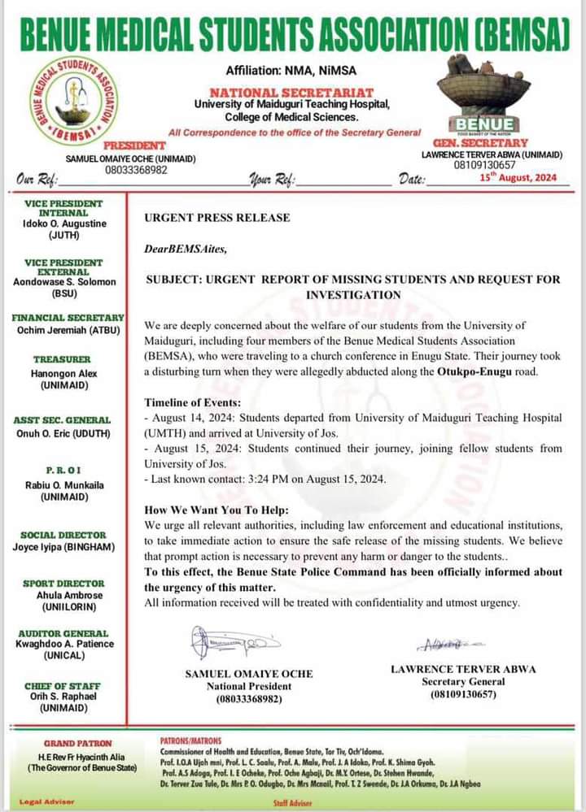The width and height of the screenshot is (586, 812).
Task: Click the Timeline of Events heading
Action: (193, 402)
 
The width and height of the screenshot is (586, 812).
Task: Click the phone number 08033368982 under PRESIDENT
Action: (130, 170)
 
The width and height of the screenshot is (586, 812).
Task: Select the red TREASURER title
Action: (62, 358)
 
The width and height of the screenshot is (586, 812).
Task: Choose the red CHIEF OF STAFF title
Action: (62, 686)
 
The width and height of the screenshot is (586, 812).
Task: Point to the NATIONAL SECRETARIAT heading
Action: (291, 93)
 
